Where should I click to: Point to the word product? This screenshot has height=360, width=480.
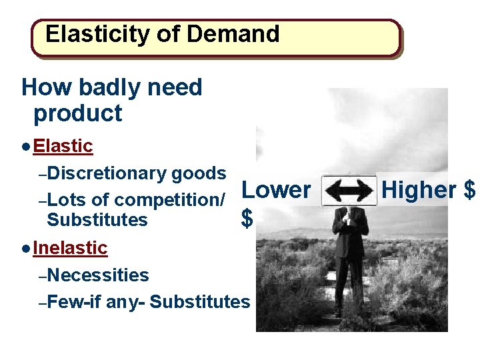coord(77,114)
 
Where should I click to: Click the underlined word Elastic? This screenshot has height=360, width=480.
coord(63,145)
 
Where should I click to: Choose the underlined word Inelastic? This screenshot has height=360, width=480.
coord(70,248)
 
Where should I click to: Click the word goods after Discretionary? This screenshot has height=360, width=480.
coord(199,174)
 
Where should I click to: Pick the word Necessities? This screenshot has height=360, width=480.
coord(98,275)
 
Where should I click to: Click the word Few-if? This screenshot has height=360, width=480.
coord(74,302)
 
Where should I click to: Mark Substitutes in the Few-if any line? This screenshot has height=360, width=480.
coord(199,302)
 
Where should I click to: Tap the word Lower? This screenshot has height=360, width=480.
coord(275,190)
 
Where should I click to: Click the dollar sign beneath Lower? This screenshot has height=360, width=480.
coord(247,218)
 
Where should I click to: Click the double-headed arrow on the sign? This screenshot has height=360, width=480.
coord(349,191)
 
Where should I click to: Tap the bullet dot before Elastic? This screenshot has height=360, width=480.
coord(25,146)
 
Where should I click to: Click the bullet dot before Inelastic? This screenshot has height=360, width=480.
coord(25,249)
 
